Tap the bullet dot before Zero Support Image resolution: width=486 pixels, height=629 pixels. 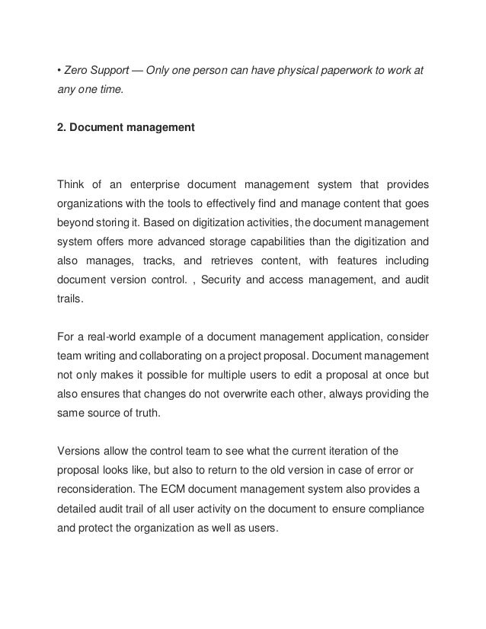60,72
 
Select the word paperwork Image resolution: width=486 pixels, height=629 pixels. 347,72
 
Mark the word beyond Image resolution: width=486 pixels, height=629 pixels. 78,225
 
